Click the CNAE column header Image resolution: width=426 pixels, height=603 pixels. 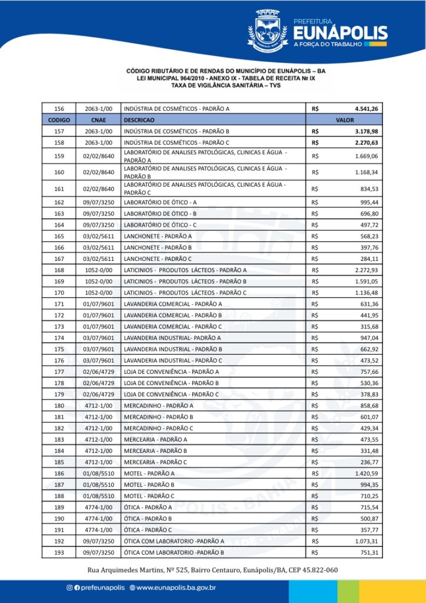(99, 120)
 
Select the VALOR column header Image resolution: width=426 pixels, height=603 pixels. (344, 120)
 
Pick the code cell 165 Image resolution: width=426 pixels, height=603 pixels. (59, 236)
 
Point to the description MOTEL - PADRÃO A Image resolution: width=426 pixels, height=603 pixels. (149, 473)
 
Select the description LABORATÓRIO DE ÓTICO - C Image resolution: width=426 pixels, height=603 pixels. (160, 225)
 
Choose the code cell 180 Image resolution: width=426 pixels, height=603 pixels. (59, 406)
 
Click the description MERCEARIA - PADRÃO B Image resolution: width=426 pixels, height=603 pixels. (155, 451)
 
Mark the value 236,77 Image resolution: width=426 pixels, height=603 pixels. (370, 462)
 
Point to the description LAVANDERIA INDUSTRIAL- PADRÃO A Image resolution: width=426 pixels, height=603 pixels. (172, 338)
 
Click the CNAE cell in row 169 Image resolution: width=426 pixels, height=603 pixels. (99, 281)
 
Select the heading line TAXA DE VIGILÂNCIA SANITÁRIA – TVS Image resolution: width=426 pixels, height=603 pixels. (225, 85)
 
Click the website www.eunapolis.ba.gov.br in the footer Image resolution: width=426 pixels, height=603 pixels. (175, 587)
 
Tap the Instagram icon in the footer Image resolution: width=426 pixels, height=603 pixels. (70, 587)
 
